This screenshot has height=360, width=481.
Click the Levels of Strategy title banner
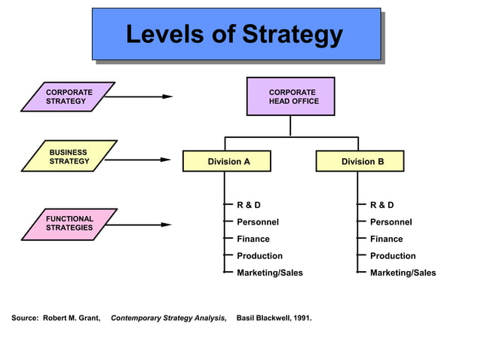point(235,34)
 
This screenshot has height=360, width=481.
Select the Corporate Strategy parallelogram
point(68,96)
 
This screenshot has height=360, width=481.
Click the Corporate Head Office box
point(291,96)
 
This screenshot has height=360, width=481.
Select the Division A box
point(227,161)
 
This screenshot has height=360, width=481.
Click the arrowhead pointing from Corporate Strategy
point(168,96)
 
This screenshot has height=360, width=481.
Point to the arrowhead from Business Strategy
point(167,160)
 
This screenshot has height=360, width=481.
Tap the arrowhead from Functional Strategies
point(167,224)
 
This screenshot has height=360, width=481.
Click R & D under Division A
point(249,205)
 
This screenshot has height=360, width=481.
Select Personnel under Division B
point(391,222)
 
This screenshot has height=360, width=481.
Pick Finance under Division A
point(253,239)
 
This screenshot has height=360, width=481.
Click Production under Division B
point(393,256)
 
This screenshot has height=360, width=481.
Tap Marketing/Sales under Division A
point(270,273)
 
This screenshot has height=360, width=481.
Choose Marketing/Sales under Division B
point(403,273)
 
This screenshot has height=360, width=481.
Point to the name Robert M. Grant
point(72,318)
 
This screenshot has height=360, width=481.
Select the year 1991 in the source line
point(302,318)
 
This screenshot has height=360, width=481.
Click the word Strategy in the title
point(293,35)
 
